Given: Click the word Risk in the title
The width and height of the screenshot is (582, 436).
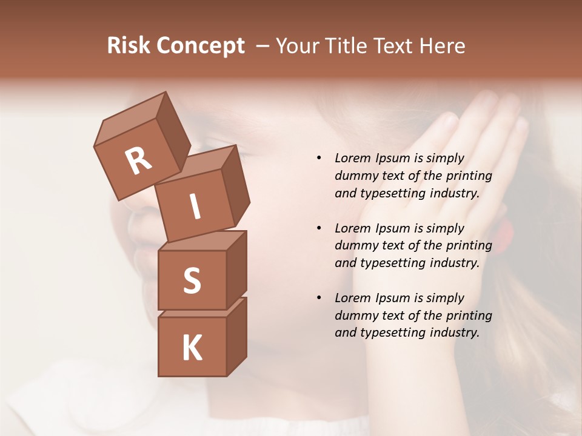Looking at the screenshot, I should (129, 46).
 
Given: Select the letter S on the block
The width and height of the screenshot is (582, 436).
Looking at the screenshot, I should (192, 280).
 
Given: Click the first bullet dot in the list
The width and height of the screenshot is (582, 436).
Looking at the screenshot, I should (319, 158).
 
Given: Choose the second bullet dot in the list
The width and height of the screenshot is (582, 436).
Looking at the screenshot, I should (319, 228).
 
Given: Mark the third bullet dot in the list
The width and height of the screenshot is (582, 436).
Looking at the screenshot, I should (319, 298).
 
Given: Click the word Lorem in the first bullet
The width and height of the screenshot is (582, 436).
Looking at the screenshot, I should (352, 158).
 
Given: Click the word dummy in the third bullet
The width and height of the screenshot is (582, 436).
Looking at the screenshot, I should (354, 315).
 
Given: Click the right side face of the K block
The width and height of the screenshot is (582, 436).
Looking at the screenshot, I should (236, 336).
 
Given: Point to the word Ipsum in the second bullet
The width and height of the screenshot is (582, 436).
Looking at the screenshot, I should (392, 228).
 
